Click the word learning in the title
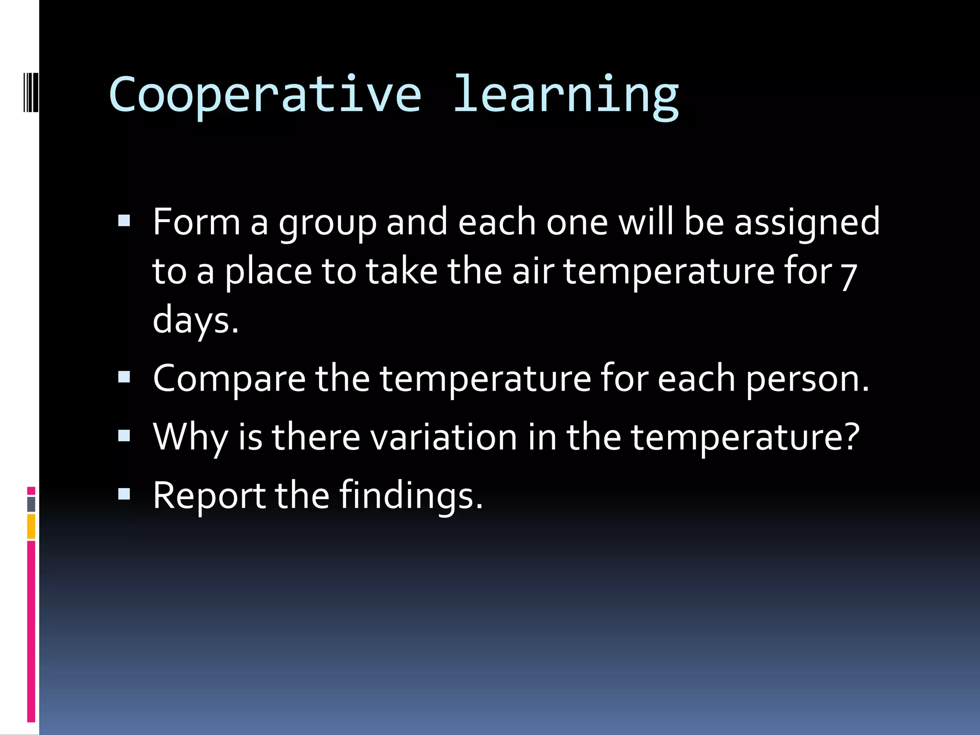[x=566, y=96]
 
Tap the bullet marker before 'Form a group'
[x=124, y=221]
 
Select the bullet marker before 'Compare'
[x=124, y=377]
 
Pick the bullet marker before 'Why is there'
[x=124, y=435]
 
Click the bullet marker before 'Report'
[x=124, y=494]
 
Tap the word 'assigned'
[x=807, y=223]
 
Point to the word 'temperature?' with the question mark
[x=745, y=438]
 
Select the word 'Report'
[x=209, y=496]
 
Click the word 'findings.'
[x=411, y=496]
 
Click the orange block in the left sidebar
[x=31, y=526]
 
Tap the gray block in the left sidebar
[x=31, y=504]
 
